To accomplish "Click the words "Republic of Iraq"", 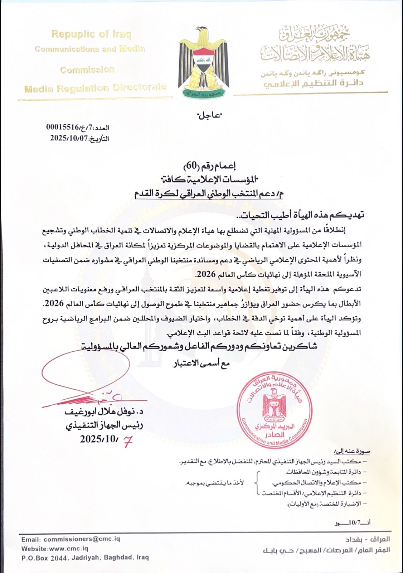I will click(91, 34).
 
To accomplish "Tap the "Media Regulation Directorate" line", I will click(95, 88).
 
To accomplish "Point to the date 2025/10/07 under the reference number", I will click(69, 138).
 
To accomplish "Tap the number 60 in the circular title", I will click(190, 165).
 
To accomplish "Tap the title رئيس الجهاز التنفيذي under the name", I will click(105, 425).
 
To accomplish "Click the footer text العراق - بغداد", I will click(368, 539).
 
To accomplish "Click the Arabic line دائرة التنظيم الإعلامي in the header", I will click(313, 84).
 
